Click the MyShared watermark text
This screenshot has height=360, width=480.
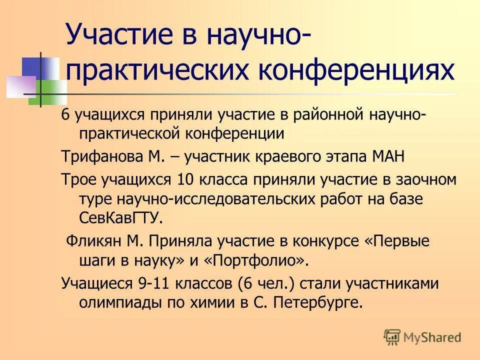[433, 337]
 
